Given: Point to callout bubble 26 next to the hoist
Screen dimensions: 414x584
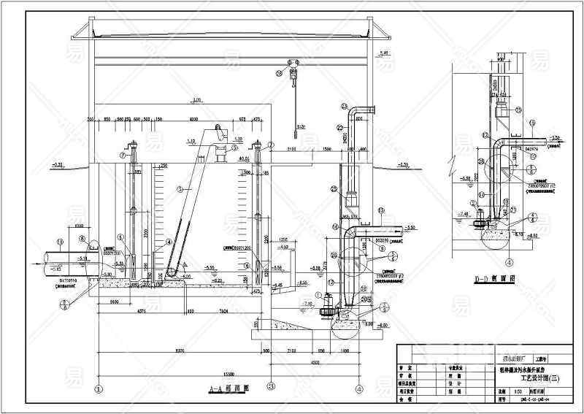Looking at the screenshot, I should [x=280, y=72].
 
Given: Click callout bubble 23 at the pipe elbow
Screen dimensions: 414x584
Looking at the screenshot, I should [x=344, y=107].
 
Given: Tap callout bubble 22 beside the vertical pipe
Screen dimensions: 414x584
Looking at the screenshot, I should [x=339, y=127].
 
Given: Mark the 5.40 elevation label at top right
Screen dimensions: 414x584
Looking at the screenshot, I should [x=385, y=53].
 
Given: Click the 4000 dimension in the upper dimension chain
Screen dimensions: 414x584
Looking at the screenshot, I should [x=193, y=118].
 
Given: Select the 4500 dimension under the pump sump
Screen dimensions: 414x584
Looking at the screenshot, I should [x=313, y=361].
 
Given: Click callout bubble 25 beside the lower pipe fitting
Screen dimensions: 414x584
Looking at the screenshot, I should [x=333, y=189].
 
